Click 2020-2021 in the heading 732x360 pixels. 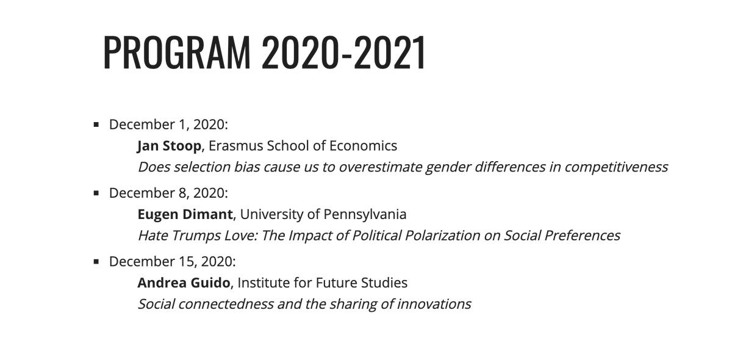coord(343,52)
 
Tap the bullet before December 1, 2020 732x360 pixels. coord(96,125)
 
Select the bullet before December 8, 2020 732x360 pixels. coord(96,193)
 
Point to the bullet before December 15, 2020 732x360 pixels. coord(96,262)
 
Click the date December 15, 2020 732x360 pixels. coord(171,262)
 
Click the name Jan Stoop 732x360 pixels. coord(169,146)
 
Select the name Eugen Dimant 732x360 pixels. coord(185,214)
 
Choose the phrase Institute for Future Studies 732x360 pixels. coord(323,283)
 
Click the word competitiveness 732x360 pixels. coord(616,167)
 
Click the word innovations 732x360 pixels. coord(434,303)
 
